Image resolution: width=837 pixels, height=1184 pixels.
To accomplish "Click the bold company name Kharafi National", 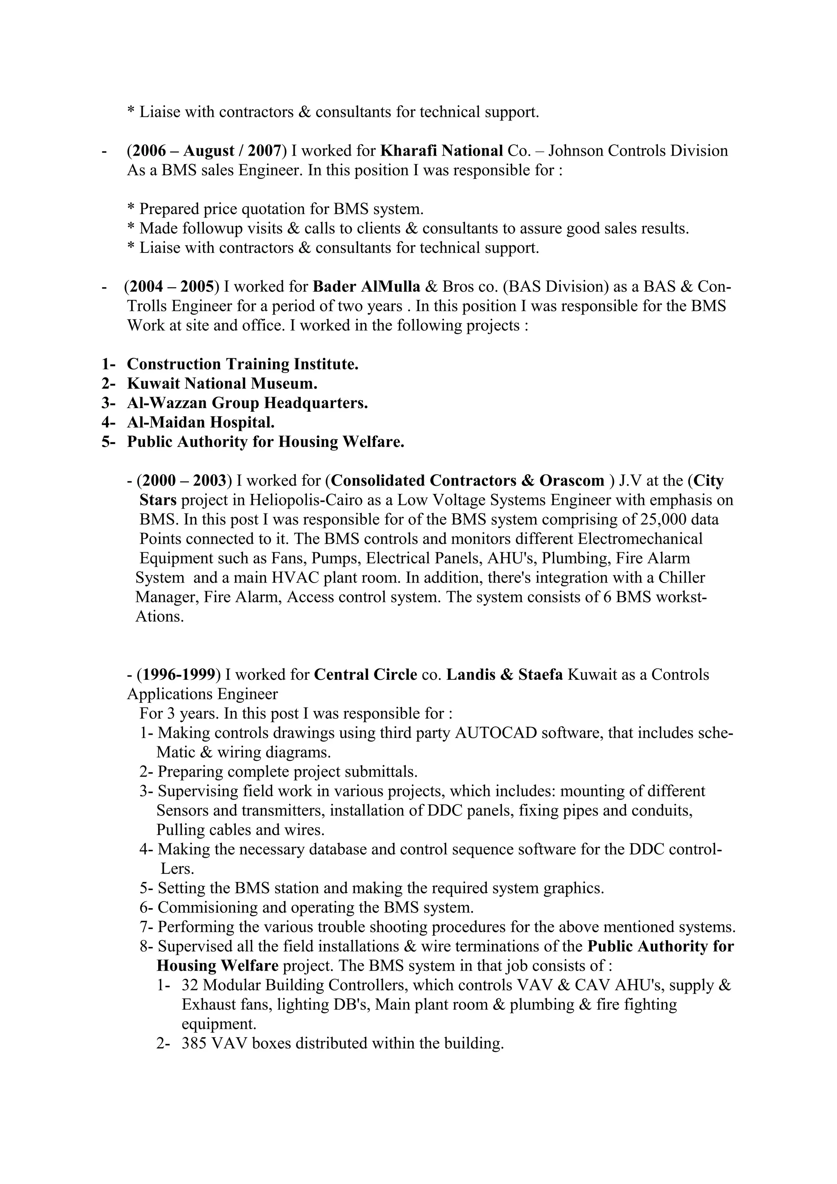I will (441, 151).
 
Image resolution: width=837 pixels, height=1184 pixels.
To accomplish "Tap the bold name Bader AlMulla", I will (367, 286).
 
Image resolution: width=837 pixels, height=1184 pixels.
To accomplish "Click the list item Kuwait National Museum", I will (222, 383).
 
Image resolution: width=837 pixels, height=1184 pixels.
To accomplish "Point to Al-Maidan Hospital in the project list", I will (201, 422).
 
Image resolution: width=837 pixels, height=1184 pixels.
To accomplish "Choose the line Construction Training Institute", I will (242, 364).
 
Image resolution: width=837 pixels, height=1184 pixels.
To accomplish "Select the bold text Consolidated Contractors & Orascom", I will (467, 480).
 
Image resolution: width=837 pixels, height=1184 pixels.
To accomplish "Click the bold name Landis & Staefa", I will (504, 675).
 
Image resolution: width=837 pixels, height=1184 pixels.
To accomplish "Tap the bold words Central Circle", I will (365, 675).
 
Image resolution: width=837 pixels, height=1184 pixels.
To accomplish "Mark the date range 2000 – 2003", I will (184, 480).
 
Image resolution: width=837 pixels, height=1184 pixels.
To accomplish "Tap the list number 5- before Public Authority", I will (108, 442).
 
